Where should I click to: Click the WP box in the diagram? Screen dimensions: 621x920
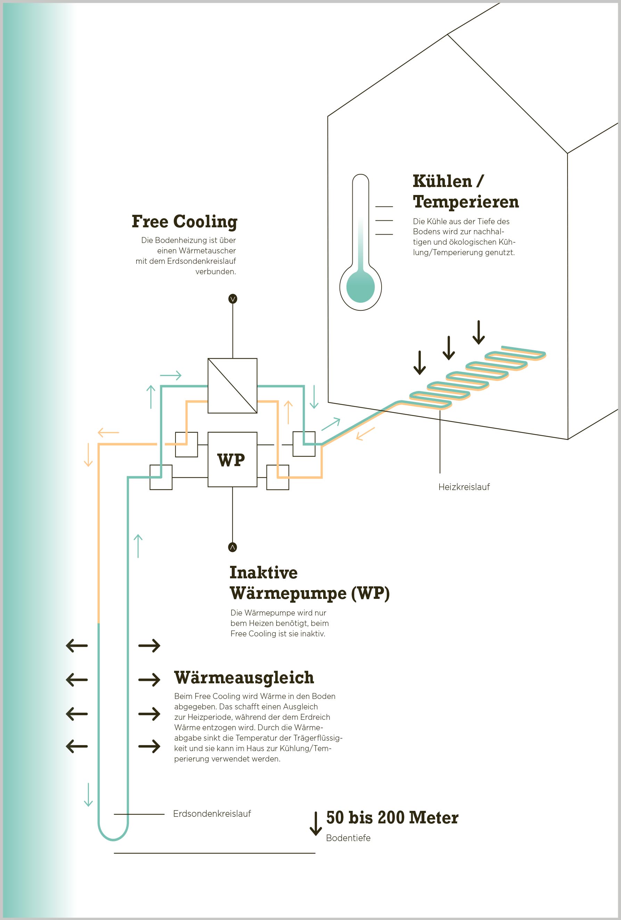point(232,459)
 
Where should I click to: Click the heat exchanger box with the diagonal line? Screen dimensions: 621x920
point(232,385)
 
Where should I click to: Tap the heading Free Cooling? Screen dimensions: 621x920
point(185,222)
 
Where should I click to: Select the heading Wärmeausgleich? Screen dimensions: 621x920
point(244,677)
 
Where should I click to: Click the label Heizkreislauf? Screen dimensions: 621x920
point(464,487)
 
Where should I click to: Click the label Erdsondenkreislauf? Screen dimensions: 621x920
point(212,814)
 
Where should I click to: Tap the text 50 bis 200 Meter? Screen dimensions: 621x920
point(392,817)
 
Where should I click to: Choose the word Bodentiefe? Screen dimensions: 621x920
point(348,838)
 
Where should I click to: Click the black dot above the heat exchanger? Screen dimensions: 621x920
point(233,299)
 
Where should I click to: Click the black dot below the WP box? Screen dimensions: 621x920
point(233,547)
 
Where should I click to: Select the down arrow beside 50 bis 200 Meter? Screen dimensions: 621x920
point(316,823)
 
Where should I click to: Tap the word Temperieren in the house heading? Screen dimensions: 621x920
point(466,202)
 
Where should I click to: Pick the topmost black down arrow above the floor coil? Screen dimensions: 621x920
point(479,332)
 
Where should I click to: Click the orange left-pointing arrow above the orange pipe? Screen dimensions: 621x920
point(108,432)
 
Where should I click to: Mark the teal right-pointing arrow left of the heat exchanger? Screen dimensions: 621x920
point(171,375)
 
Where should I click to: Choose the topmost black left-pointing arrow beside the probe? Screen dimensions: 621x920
point(77,646)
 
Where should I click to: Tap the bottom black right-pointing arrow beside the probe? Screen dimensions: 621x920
point(149,746)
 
